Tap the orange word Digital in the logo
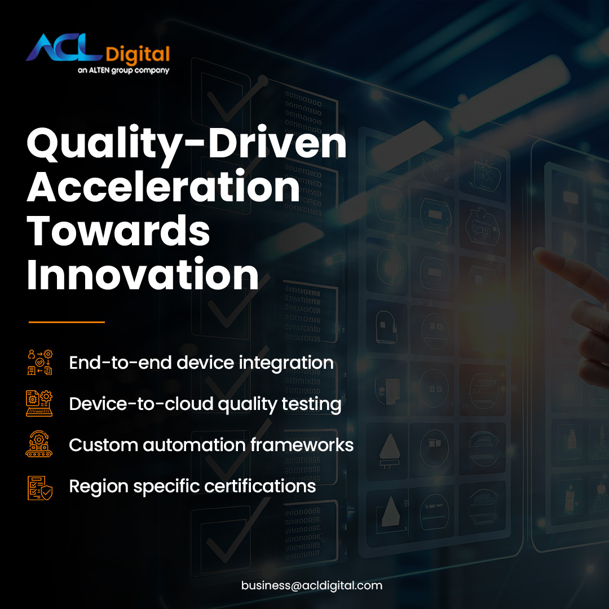[x=137, y=55]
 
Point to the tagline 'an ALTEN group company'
[x=123, y=70]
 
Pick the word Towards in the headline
[x=118, y=231]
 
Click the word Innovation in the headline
[x=143, y=275]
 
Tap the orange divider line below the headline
[x=67, y=322]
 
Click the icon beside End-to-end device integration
[x=40, y=362]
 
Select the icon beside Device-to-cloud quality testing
[x=40, y=404]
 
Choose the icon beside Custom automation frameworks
[x=40, y=445]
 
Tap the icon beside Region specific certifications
[x=40, y=487]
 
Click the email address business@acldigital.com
[x=312, y=585]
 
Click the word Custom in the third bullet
[x=103, y=445]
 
